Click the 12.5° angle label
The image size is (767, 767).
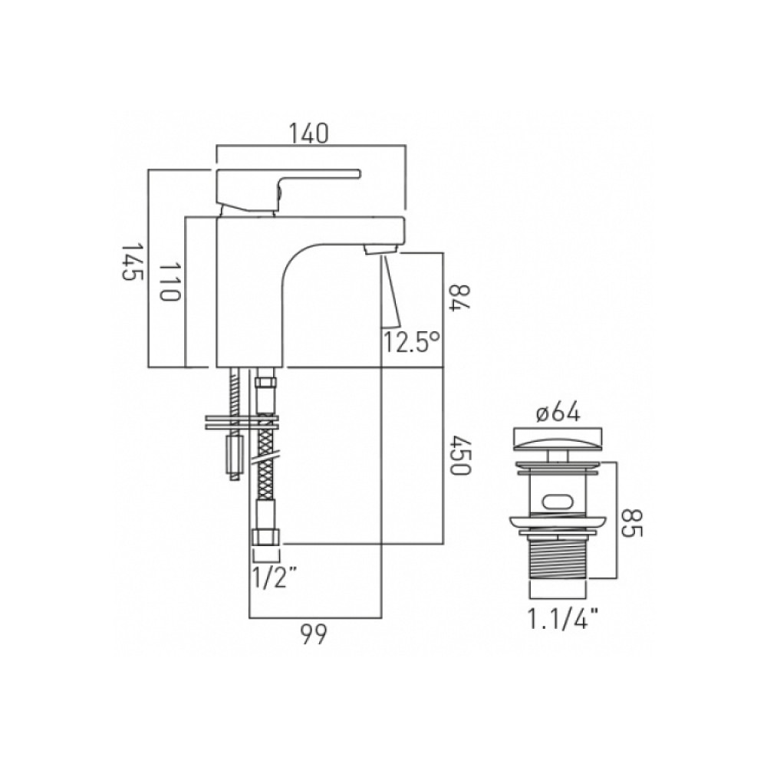point(412,341)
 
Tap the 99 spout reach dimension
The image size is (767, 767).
point(314,634)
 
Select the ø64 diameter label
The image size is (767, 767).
point(558,413)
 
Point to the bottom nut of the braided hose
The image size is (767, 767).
point(266,536)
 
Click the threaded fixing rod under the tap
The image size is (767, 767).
point(232,391)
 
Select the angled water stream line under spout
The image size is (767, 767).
point(391,291)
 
